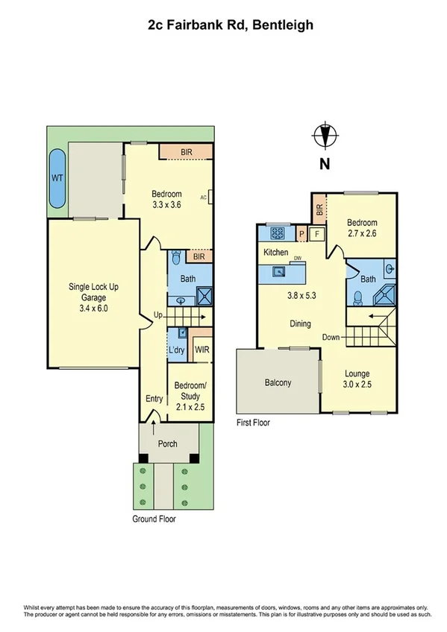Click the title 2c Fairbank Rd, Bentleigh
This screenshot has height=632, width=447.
click(230, 25)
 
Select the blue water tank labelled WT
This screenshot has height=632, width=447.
click(57, 179)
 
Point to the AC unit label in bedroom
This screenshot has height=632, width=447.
click(203, 197)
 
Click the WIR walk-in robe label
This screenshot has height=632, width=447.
click(201, 350)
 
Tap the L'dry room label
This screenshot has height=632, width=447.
click(176, 350)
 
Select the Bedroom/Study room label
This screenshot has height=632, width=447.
click(189, 390)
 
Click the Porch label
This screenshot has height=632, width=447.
click(168, 444)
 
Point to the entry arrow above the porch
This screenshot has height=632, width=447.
click(154, 426)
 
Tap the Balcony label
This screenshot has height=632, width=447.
click(278, 383)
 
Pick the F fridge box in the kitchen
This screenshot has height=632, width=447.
click(316, 233)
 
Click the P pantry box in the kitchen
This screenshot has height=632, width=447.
click(301, 233)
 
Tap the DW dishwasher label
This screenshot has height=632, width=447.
click(297, 258)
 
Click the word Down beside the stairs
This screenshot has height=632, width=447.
click(331, 338)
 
